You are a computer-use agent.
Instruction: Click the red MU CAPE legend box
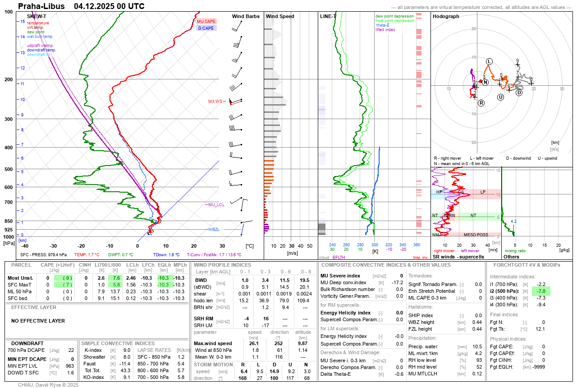[x=206, y=21]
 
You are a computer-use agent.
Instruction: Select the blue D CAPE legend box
[x=206, y=28]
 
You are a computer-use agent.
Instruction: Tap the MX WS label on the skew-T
[x=215, y=102]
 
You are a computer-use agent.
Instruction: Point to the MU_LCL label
[x=216, y=205]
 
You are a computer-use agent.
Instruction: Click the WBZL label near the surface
[x=214, y=230]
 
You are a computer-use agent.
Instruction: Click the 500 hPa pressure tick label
[x=9, y=170]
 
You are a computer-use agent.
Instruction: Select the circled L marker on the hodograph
[x=489, y=61]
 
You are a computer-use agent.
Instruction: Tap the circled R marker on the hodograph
[x=481, y=103]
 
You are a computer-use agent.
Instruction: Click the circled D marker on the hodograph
[x=519, y=93]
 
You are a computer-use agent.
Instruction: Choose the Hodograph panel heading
[x=446, y=16]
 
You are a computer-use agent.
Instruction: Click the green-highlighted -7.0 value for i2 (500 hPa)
[x=541, y=291]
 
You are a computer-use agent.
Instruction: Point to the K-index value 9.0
[x=127, y=350]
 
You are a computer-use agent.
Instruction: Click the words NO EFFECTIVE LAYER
[x=38, y=321]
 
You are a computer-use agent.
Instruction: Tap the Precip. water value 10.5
[x=476, y=347]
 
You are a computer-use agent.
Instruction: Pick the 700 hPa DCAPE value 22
[x=71, y=350]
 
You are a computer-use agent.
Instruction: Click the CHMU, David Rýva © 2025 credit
[x=48, y=385]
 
